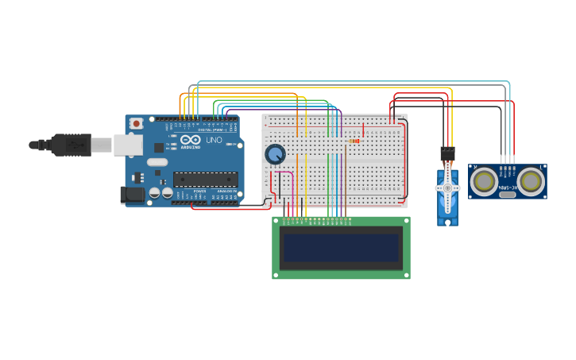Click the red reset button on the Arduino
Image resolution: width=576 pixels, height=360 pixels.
[137, 123]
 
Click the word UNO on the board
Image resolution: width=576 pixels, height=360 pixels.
[214, 140]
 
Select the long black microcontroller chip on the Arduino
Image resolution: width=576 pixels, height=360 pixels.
[205, 179]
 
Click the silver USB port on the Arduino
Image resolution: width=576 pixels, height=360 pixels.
[127, 144]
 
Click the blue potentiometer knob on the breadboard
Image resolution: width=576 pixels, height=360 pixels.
[275, 154]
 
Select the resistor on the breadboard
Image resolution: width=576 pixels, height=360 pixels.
[354, 141]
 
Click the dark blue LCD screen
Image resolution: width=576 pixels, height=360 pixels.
[341, 247]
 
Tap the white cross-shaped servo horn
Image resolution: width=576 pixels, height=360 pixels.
[447, 188]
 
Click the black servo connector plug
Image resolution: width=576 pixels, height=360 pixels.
[447, 152]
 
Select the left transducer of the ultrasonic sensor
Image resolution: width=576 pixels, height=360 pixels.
[483, 181]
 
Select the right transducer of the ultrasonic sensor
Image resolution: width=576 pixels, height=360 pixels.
[531, 181]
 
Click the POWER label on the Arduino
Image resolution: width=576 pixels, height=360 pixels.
[199, 191]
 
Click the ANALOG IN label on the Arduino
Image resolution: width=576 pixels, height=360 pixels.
[226, 191]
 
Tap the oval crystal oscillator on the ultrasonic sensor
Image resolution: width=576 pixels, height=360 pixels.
[507, 168]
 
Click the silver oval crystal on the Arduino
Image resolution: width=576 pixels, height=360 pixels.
[157, 162]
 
